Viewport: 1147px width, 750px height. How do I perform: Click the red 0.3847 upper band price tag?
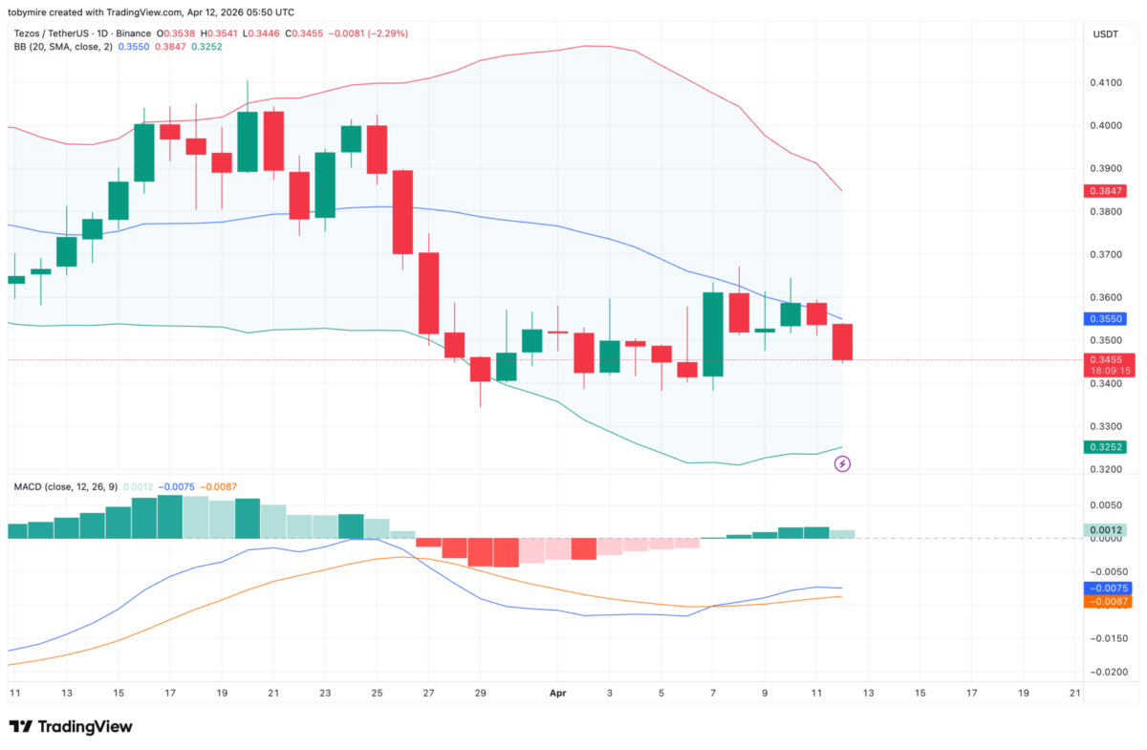tap(1107, 191)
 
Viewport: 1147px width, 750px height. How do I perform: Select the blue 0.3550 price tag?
tap(1107, 319)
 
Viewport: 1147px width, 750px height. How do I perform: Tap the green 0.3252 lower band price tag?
tap(1107, 447)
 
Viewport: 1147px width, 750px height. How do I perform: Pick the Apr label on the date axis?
tap(557, 692)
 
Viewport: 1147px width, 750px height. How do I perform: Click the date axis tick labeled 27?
tap(428, 692)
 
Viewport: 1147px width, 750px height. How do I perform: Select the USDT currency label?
tap(1107, 34)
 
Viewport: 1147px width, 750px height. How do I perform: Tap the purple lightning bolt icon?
tap(843, 464)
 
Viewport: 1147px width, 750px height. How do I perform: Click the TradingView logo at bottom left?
tap(71, 727)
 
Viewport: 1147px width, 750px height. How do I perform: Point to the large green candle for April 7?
tap(713, 334)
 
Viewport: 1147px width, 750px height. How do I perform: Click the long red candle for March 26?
tap(402, 211)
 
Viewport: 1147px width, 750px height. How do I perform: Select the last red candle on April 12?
tap(842, 342)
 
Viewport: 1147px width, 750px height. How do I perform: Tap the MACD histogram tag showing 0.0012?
tap(1107, 530)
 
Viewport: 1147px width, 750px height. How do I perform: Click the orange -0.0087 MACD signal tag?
tap(1107, 602)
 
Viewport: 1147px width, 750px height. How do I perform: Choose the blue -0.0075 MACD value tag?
tap(1107, 589)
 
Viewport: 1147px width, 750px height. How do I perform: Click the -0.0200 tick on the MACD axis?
tap(1107, 672)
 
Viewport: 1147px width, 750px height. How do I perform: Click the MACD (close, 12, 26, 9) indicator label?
tap(66, 486)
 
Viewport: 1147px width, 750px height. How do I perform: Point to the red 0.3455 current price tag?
tap(1107, 360)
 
